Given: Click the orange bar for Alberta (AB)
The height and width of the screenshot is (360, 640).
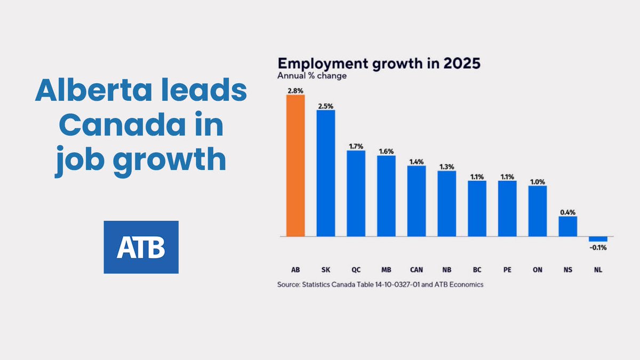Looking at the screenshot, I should point(295,165).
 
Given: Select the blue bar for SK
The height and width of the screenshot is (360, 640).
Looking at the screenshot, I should point(326,173).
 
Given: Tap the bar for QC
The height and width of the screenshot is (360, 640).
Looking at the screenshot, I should point(356,193).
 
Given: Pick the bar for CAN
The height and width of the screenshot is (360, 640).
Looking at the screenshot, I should point(417,201).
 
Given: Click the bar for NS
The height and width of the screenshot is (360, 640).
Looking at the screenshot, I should point(567,226).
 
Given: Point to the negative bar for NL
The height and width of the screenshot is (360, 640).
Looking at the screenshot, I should point(598,238).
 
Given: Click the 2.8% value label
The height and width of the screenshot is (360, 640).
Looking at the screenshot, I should point(295,91).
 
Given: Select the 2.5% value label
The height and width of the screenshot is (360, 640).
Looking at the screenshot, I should point(326,106).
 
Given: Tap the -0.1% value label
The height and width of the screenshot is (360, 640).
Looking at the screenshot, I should point(598,247).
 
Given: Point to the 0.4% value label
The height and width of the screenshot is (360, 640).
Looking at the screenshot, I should point(567,212).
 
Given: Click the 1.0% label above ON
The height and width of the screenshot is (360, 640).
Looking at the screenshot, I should point(538,181).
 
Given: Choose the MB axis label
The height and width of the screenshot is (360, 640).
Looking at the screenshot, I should point(386,270).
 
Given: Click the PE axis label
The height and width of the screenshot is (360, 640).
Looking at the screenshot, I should point(507,270).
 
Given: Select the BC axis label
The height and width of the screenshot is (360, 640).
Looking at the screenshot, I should point(477,270).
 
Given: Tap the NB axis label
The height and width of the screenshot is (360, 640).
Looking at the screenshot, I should point(447,270).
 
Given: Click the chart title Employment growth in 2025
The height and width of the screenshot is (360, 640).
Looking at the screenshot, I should point(379,64).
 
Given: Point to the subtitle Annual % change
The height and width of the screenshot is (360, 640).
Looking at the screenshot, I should point(312,76).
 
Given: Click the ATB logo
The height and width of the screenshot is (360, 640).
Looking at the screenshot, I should point(141,247).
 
